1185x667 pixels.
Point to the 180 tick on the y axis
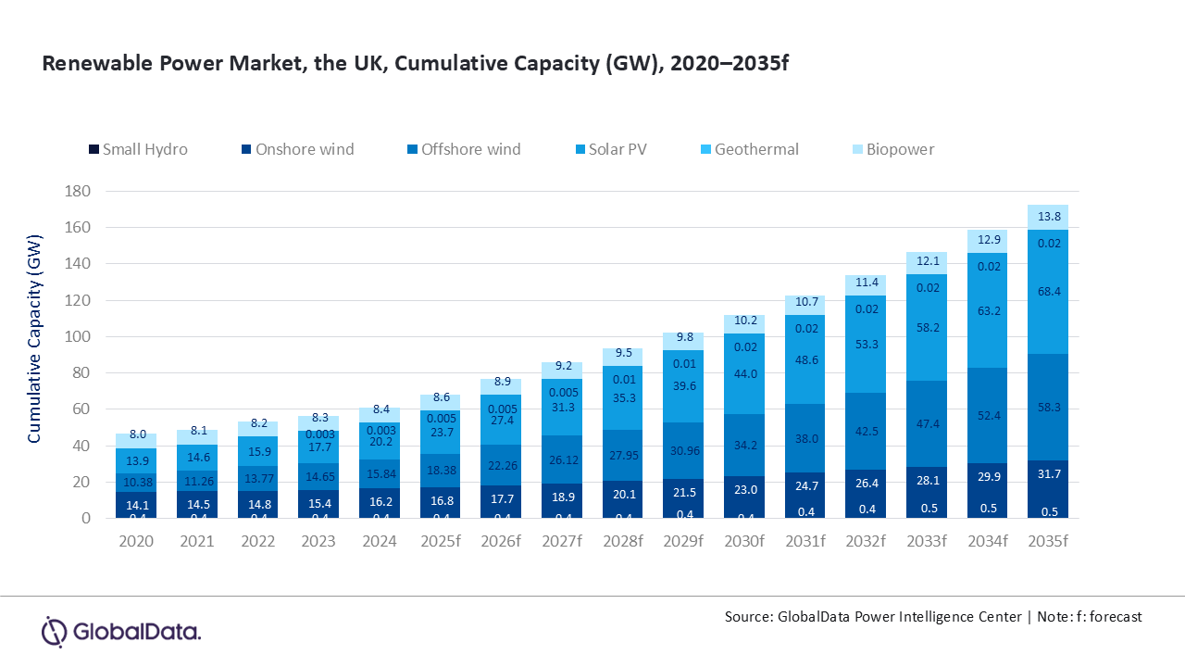click(78, 191)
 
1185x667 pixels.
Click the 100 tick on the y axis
click(78, 336)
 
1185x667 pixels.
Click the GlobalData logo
click(121, 632)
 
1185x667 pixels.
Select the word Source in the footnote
click(749, 617)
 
